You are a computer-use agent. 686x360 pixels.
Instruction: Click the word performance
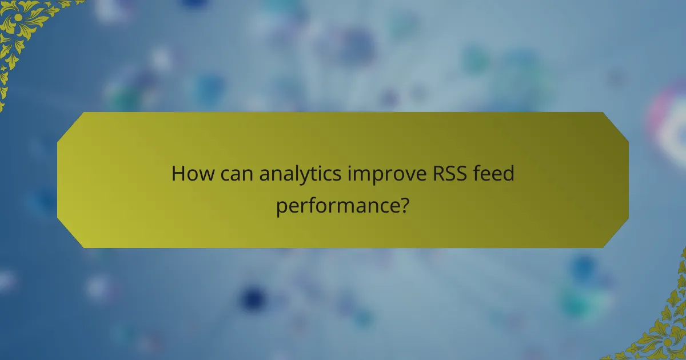[337, 204]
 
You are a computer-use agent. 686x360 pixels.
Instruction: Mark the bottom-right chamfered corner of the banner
[616, 235]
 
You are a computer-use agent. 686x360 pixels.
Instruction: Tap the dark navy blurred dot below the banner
[252, 297]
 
